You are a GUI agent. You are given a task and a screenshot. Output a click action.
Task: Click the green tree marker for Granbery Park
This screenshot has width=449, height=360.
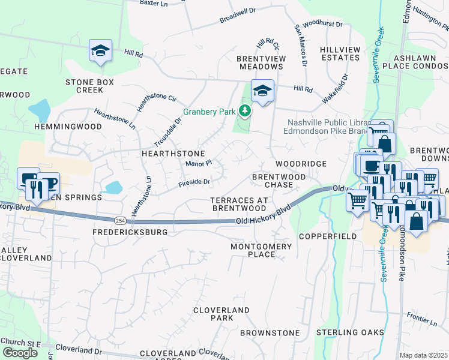(244, 110)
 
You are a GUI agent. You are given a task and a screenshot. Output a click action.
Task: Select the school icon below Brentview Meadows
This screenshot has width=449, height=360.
(262, 91)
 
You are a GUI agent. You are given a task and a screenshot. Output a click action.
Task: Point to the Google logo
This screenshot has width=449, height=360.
(20, 353)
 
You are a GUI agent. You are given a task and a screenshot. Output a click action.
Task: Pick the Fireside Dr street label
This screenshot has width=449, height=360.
(194, 182)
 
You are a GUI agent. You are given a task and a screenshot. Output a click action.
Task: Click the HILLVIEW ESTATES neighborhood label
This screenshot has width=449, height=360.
(340, 53)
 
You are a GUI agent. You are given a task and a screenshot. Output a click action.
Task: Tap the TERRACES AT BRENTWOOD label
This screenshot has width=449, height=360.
(238, 203)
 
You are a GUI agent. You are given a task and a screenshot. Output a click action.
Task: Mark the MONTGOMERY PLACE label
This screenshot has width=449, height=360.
(261, 250)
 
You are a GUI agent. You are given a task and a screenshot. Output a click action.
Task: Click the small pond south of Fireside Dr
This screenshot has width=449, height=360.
(113, 188)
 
